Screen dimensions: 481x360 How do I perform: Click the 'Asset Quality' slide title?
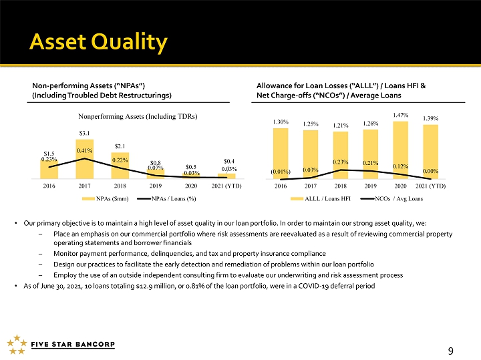click(98, 42)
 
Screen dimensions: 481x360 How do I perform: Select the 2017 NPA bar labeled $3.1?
click(85, 159)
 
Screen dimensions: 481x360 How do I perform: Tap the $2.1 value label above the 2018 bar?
click(120, 146)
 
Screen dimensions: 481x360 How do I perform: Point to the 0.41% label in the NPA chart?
click(84, 150)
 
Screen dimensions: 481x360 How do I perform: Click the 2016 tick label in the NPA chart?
click(49, 186)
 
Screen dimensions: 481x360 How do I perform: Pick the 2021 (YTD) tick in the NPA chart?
click(226, 186)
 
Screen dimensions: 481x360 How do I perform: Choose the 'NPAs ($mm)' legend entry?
click(106, 199)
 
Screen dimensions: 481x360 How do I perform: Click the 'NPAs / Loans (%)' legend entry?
click(166, 199)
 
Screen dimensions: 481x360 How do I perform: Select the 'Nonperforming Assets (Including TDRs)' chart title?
click(138, 116)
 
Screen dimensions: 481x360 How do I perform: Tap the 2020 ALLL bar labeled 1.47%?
click(401, 150)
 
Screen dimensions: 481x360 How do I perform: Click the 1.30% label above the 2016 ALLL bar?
click(281, 122)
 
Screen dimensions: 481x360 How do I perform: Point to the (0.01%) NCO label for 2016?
click(281, 172)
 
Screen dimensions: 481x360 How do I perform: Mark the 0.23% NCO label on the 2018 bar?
click(341, 162)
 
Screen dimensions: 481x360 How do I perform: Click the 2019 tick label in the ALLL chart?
click(371, 186)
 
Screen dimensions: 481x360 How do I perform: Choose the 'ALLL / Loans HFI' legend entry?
click(321, 199)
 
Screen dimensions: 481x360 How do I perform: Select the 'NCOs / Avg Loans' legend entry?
click(391, 199)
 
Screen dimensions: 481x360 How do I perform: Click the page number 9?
click(451, 351)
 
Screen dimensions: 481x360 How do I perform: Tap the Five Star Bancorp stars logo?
click(17, 345)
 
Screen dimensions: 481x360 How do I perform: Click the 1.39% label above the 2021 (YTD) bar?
click(431, 118)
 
